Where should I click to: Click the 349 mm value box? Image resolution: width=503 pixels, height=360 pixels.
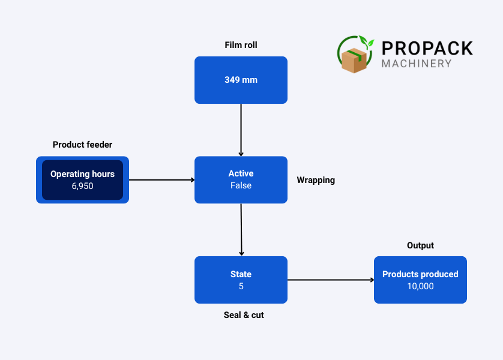(241, 80)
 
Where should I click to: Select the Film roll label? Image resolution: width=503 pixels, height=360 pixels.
(241, 45)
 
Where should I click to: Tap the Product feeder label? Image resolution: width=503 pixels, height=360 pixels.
(82, 145)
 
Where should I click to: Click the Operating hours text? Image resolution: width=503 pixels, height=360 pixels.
(82, 174)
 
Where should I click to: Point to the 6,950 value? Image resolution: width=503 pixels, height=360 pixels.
(82, 186)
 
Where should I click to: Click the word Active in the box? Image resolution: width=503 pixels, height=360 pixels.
(241, 173)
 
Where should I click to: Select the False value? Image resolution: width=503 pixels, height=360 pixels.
(241, 185)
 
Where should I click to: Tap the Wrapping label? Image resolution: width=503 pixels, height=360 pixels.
(316, 180)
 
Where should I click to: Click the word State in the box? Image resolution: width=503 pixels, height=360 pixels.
(241, 274)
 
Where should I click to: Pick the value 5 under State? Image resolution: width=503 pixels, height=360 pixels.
(241, 286)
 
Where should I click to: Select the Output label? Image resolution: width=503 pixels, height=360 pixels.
(420, 245)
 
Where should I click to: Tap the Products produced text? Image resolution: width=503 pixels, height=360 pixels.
(420, 274)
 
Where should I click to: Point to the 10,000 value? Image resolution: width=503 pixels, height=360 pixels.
(420, 286)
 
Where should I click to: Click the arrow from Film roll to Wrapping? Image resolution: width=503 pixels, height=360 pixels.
(241, 130)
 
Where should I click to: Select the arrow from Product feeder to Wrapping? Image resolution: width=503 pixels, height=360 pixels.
(161, 179)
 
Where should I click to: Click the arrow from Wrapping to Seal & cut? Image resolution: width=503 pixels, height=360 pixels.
(241, 230)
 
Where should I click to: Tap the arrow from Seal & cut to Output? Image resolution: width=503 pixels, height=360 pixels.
(330, 280)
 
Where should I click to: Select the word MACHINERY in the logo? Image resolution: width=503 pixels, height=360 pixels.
(417, 63)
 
